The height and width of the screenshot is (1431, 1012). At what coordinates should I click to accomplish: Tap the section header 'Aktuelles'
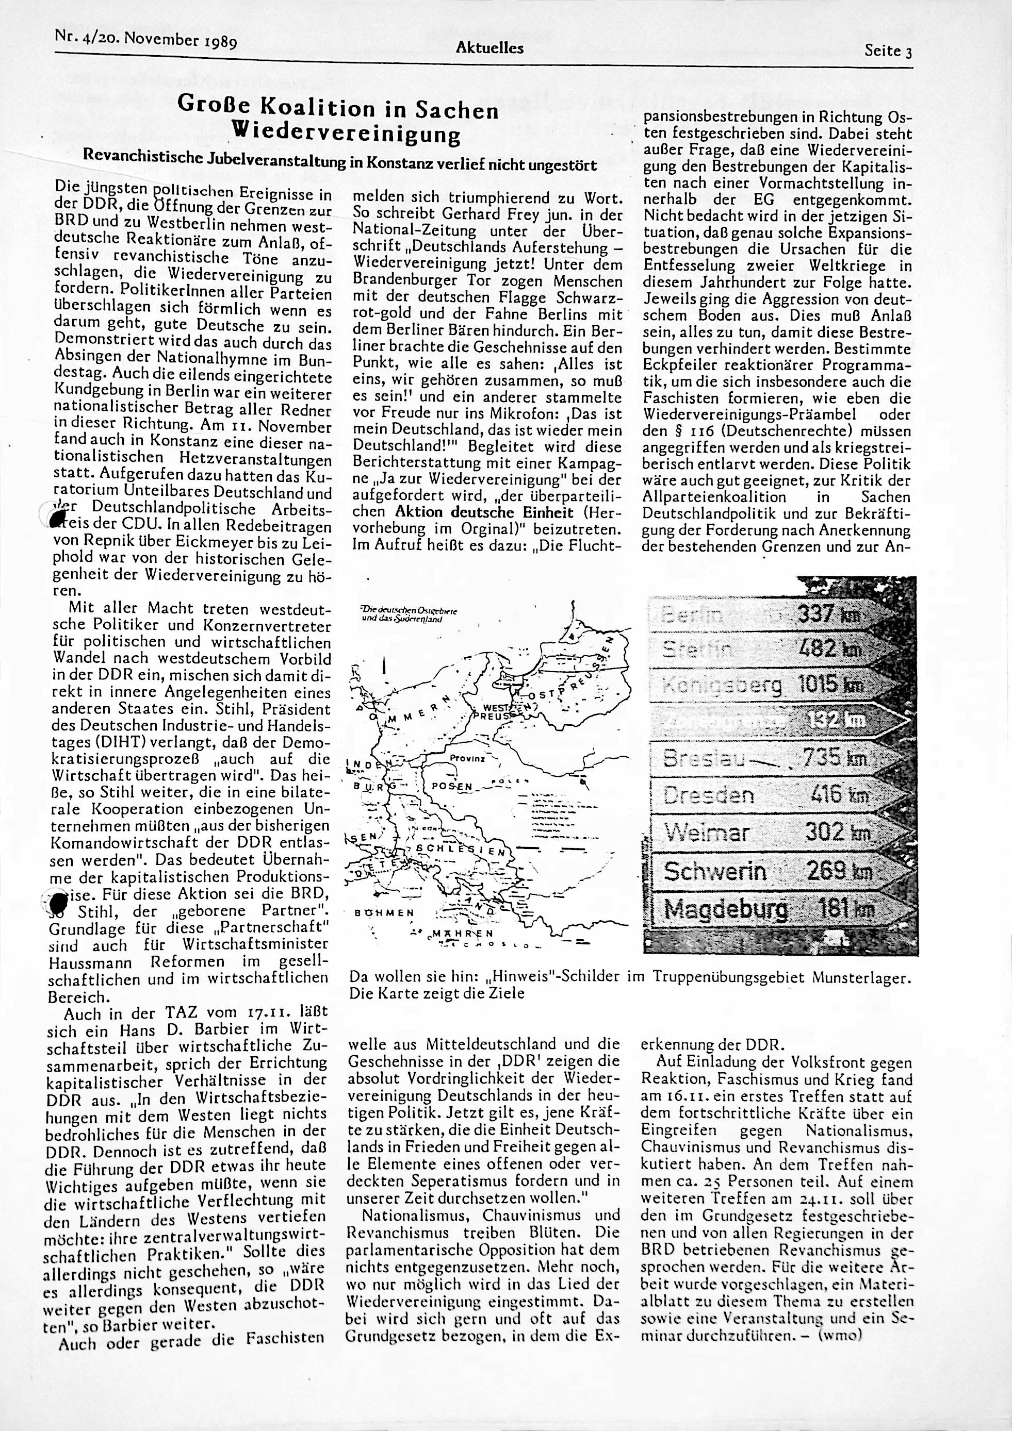[489, 47]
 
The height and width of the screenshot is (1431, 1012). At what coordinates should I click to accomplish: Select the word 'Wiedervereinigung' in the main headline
[346, 133]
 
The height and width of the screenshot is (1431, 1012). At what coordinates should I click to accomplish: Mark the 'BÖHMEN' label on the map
[383, 913]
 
